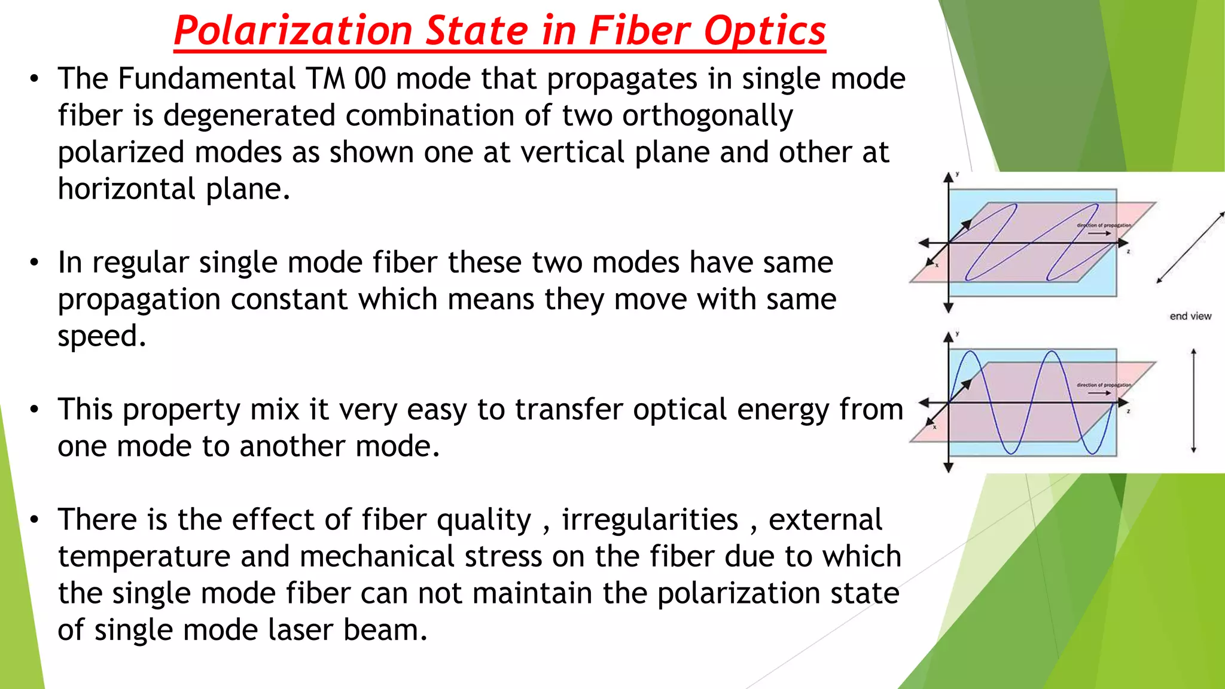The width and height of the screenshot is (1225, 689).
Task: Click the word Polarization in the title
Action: point(293,31)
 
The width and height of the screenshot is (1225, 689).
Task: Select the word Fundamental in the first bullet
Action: point(206,79)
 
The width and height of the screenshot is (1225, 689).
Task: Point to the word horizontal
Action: point(126,189)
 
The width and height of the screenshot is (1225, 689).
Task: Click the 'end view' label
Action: point(1190,316)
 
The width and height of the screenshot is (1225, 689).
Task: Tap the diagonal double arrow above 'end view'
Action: point(1190,247)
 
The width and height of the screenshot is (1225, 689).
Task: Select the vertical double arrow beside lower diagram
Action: point(1193,401)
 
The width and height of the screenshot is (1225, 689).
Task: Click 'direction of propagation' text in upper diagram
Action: point(1104,225)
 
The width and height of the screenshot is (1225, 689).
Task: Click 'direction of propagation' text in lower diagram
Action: point(1104,385)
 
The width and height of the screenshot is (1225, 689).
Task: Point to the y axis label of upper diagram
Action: point(957,174)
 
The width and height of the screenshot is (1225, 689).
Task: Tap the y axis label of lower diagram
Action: point(957,334)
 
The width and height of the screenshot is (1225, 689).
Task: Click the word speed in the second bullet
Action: point(101,337)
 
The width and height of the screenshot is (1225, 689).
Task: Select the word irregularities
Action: point(650,520)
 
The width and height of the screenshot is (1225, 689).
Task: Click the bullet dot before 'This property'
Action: point(35,410)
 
